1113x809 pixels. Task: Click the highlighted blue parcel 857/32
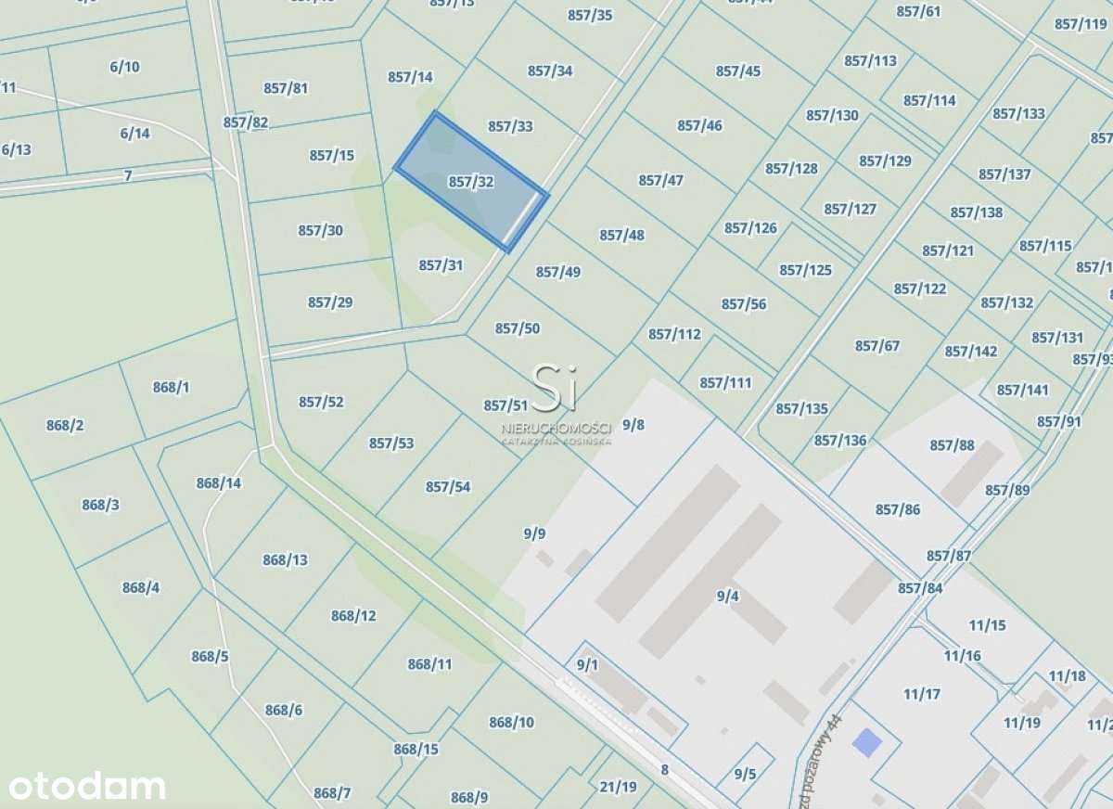point(470,182)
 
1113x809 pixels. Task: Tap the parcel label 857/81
point(286,88)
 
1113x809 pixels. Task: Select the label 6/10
point(124,66)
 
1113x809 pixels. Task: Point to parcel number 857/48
point(621,235)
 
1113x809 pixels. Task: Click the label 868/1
point(171,387)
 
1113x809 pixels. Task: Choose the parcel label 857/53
point(391,443)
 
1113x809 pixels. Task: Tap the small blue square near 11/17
point(867,742)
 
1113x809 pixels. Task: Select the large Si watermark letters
point(554,386)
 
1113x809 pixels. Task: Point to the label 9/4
point(727,597)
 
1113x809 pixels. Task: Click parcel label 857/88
point(953,445)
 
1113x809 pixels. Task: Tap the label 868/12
point(353,615)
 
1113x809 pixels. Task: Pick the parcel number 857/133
point(1018,113)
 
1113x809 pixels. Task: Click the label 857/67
point(877,346)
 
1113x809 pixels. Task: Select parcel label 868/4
point(140,587)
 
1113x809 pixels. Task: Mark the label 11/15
point(987,625)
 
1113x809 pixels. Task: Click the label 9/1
point(587,664)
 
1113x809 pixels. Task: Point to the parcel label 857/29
point(330,302)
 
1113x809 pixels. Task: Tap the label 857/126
point(750,227)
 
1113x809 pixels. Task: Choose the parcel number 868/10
point(511,722)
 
